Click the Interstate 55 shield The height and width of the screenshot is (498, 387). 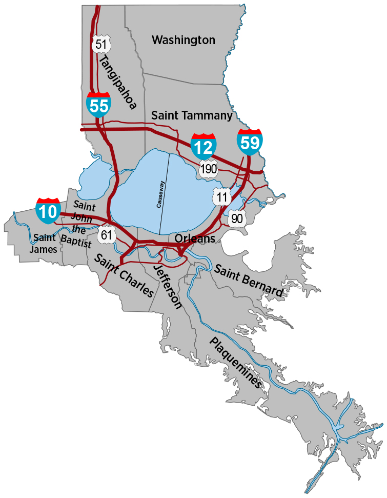pos(98,105)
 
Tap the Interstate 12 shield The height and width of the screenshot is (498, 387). pos(203,146)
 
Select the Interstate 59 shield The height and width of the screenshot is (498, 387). pos(250,142)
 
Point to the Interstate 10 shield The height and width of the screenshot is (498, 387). pos(48,210)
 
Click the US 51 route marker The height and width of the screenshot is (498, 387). pos(101,44)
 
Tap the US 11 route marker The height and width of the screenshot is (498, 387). pos(222,196)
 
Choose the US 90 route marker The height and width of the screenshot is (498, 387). pos(237,218)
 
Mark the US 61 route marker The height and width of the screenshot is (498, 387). pos(107,235)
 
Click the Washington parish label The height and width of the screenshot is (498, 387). pos(184,39)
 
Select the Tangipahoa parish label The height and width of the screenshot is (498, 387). pos(117,83)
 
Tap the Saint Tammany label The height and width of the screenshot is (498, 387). pos(192,116)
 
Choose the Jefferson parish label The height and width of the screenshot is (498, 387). pos(168,287)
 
